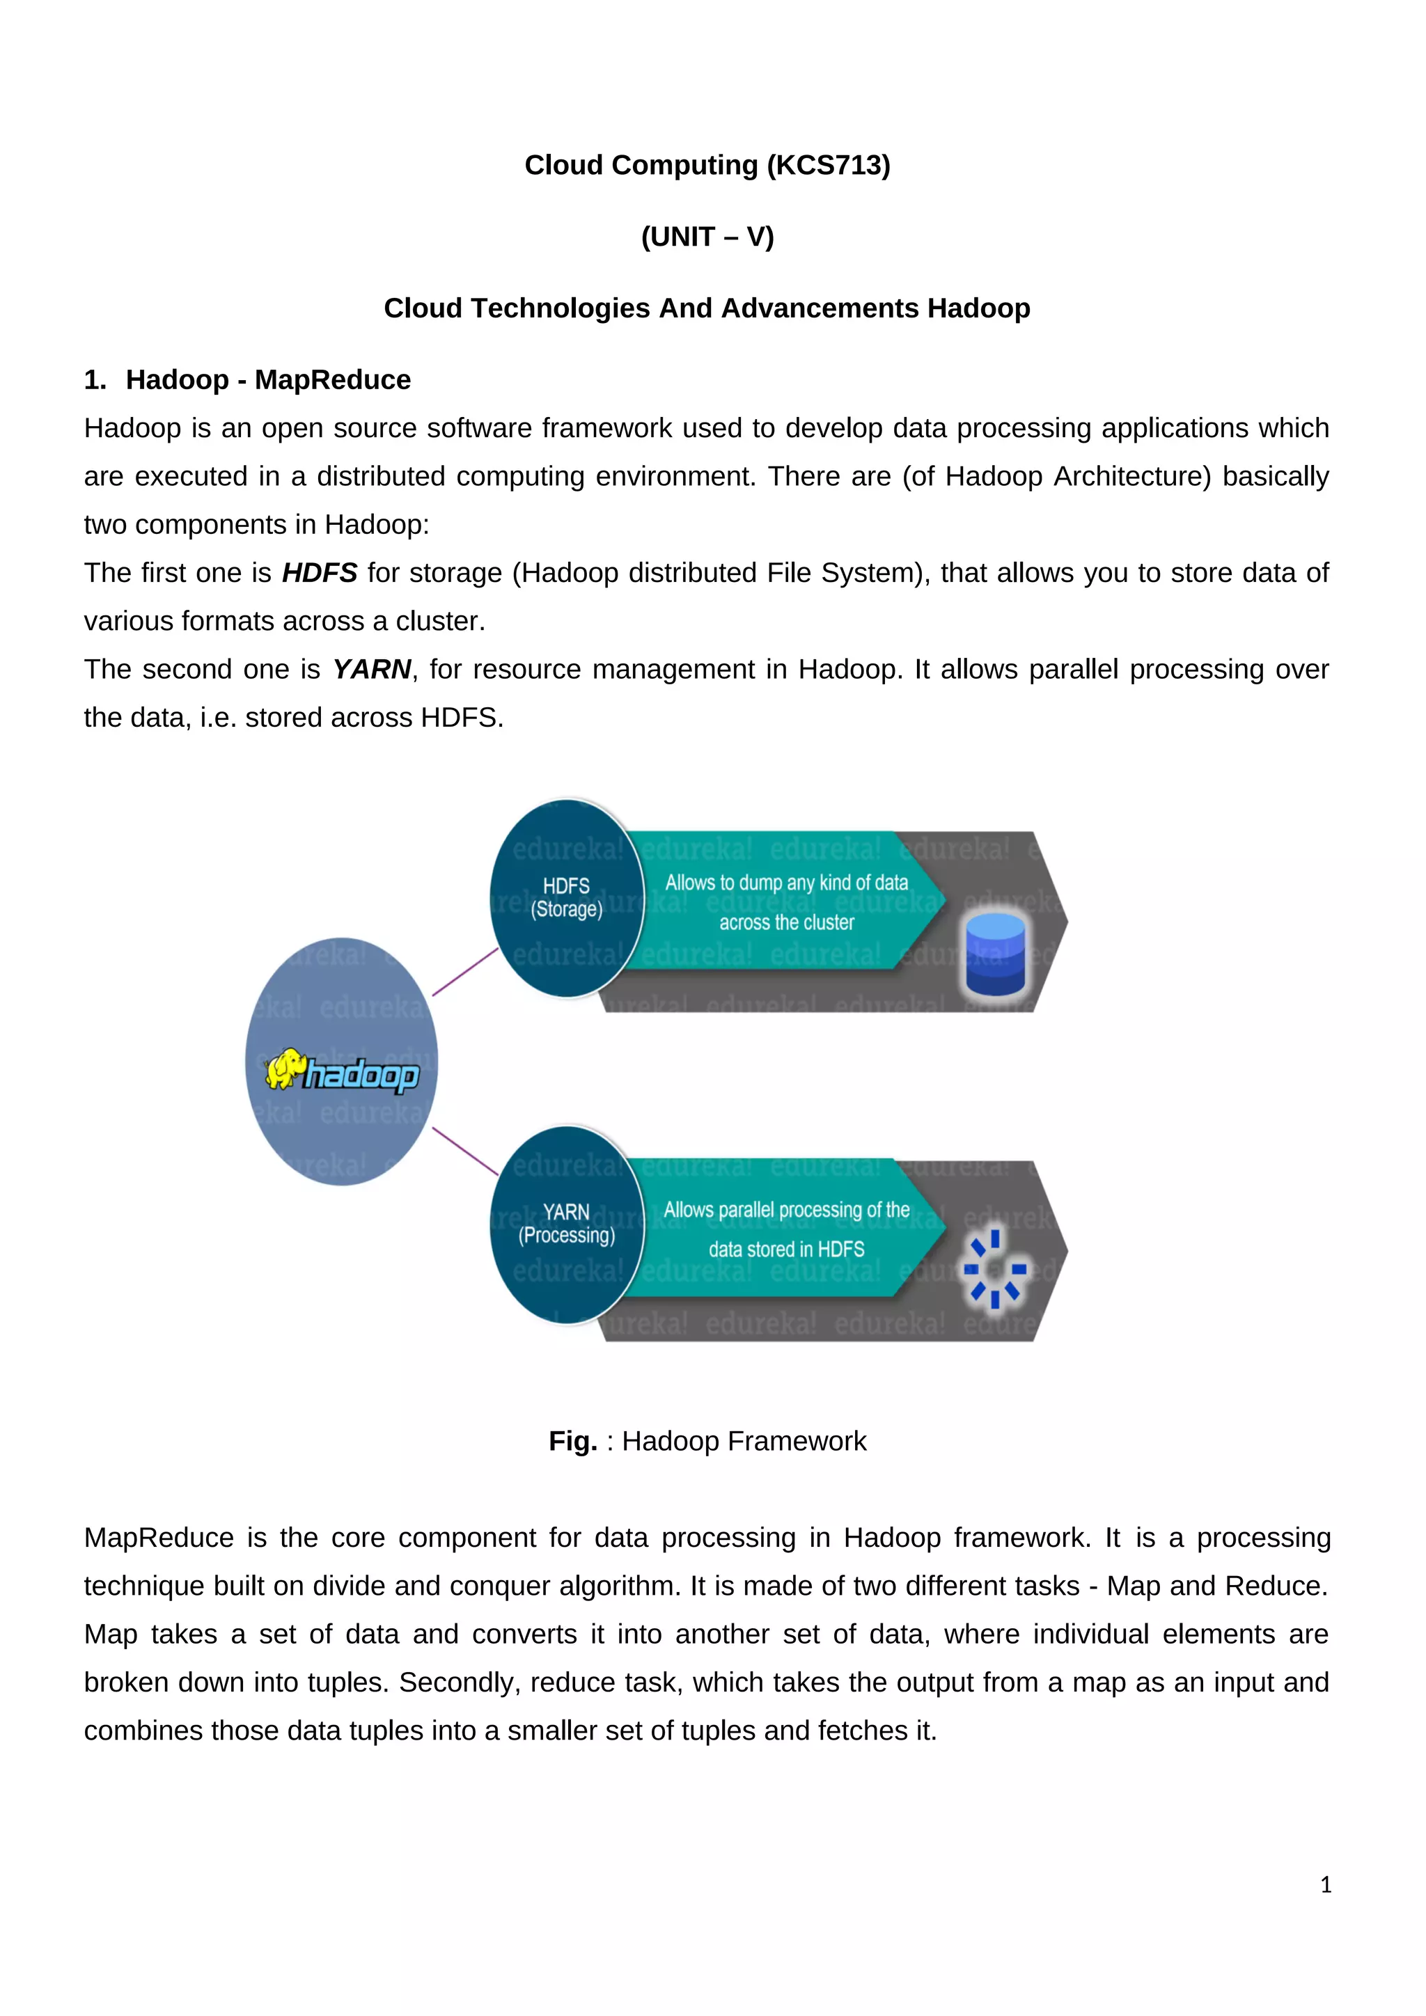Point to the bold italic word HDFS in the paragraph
click(x=319, y=572)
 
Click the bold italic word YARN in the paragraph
click(x=371, y=669)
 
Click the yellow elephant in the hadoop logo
click(x=285, y=1068)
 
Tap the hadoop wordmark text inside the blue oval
click(x=362, y=1075)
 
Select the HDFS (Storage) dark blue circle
click(x=566, y=897)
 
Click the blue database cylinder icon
click(x=995, y=954)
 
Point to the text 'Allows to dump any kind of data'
click(x=786, y=883)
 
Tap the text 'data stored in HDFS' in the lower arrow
click(x=786, y=1249)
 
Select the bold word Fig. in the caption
click(x=572, y=1441)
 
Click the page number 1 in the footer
click(x=1325, y=1884)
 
